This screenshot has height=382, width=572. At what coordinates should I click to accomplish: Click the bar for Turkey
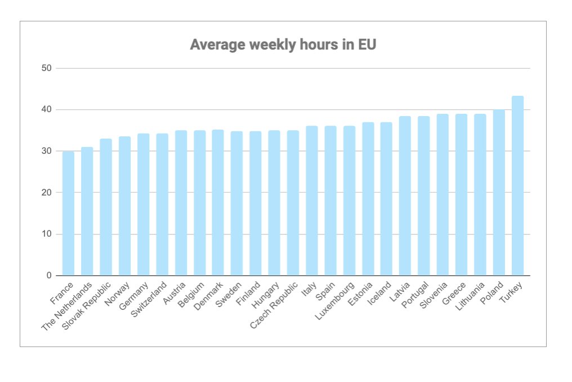517,186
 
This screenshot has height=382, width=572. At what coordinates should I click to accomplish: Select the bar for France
68,214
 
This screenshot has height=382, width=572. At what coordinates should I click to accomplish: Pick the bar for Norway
124,206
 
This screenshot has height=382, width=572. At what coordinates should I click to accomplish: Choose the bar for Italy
311,201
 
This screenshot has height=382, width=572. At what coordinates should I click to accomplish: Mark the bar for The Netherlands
87,212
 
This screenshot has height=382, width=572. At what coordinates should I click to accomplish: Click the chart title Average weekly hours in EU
283,45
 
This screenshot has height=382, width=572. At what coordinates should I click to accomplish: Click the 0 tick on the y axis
48,276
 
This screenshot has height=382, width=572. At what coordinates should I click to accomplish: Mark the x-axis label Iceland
380,293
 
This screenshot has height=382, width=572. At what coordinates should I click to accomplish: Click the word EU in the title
367,45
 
